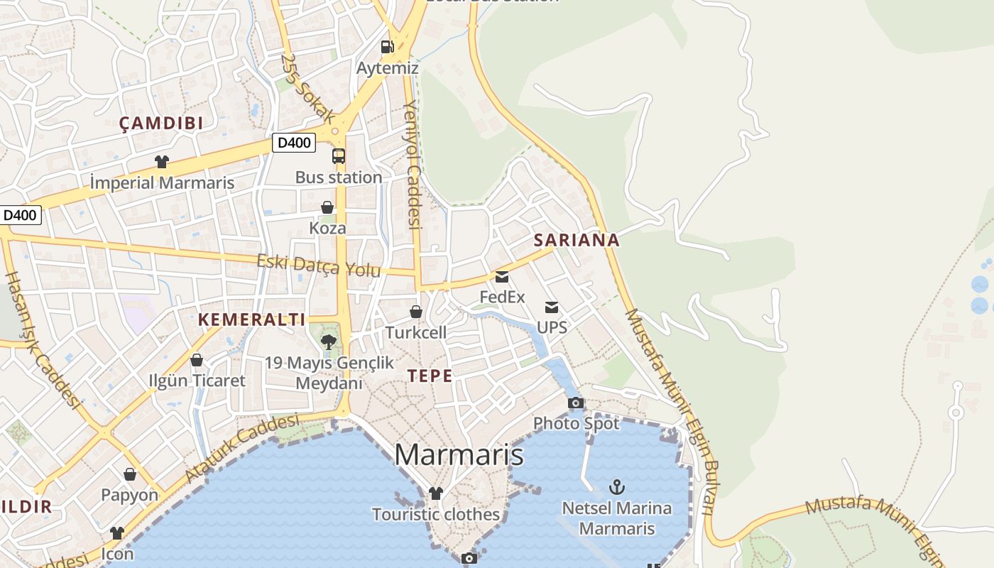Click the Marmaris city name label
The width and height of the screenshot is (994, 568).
click(459, 454)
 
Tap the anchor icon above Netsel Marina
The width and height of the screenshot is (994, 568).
click(617, 487)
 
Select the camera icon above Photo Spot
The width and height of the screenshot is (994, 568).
click(576, 403)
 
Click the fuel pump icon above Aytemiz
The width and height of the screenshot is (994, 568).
click(387, 47)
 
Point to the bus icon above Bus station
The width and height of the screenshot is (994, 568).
click(339, 156)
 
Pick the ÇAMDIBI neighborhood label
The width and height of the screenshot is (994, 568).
click(161, 123)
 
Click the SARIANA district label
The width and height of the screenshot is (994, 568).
click(577, 240)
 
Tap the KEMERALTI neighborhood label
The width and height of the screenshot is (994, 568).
click(251, 319)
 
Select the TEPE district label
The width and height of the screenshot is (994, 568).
click(430, 376)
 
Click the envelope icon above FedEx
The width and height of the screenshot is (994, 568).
click(502, 276)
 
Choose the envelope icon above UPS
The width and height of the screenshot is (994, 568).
click(552, 307)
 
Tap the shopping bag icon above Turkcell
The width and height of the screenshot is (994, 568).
click(416, 312)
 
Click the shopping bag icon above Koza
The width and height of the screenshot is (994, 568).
click(327, 207)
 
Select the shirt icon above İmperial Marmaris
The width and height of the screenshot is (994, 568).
click(162, 162)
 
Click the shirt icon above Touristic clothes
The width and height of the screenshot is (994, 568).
click(436, 493)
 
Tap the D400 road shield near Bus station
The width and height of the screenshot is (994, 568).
click(294, 143)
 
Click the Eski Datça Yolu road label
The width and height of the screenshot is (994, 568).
click(319, 266)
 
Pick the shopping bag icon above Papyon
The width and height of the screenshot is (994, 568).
click(130, 474)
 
